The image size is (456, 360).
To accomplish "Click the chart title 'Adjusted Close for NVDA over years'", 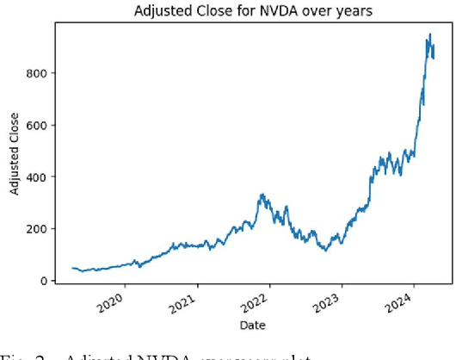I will (x=250, y=10).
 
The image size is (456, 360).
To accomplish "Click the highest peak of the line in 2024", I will (x=430, y=34).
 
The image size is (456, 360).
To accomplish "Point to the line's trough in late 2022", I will (x=324, y=251).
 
